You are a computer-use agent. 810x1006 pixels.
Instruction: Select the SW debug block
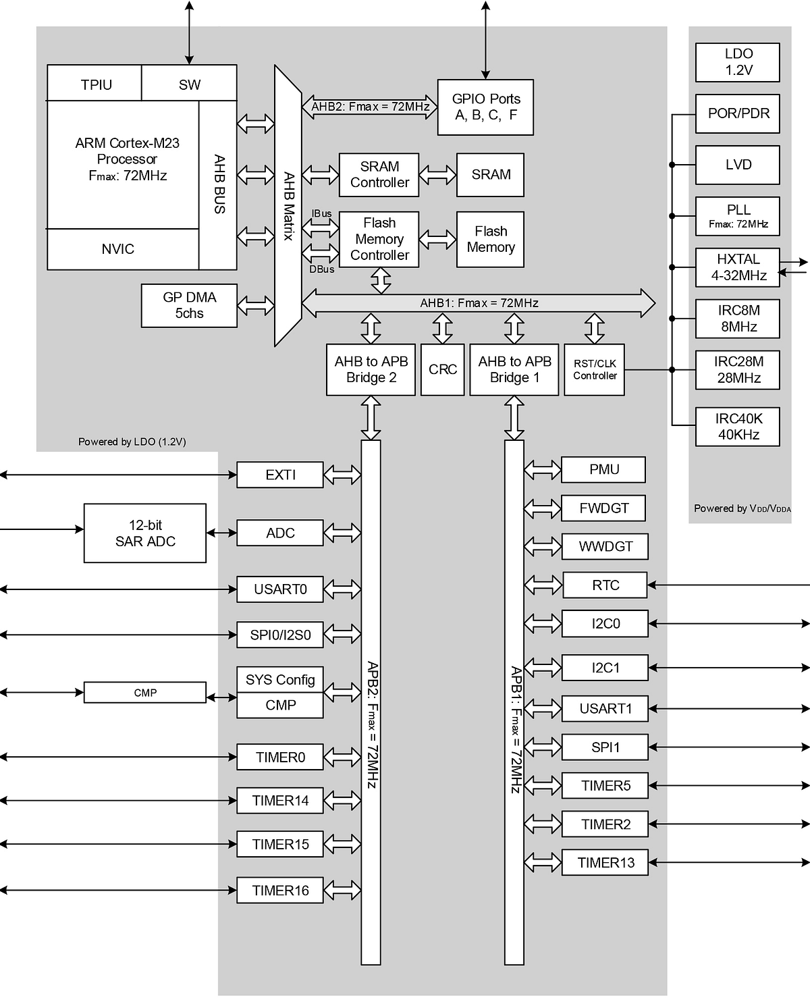click(189, 84)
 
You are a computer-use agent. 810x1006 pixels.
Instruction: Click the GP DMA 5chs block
click(189, 305)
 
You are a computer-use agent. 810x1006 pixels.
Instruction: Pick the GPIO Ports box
click(485, 107)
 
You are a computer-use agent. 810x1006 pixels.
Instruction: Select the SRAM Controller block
click(379, 175)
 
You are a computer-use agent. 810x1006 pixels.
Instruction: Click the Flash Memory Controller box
click(379, 239)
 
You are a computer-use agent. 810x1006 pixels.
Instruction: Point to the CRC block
click(442, 369)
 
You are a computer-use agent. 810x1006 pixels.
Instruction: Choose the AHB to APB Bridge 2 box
click(371, 369)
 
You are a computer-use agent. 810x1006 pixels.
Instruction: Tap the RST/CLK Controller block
click(594, 369)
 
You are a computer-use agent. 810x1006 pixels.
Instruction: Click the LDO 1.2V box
click(738, 62)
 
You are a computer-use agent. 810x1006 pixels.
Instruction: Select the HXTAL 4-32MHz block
click(738, 267)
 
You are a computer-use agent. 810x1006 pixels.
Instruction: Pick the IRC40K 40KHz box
click(738, 427)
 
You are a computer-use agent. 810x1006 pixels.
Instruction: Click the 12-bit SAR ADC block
click(145, 533)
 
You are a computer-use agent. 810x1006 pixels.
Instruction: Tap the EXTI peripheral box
click(280, 475)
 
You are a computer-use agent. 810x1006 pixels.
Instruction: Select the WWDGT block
click(605, 546)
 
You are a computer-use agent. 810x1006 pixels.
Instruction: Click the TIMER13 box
click(605, 862)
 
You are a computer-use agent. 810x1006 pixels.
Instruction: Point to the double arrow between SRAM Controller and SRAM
click(437, 175)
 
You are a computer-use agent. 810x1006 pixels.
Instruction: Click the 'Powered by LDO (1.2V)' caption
click(132, 442)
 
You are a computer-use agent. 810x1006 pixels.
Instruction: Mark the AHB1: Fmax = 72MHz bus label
click(479, 303)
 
